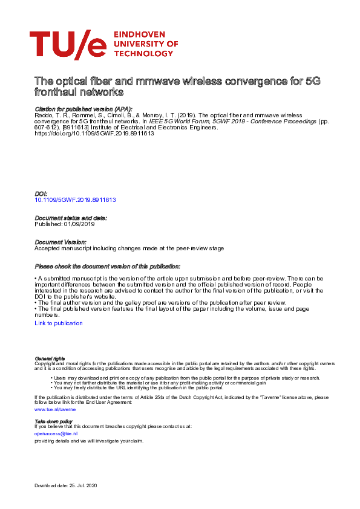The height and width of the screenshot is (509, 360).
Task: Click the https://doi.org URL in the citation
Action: (x=94, y=134)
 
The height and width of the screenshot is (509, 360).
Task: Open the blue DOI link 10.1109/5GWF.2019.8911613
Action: (x=75, y=199)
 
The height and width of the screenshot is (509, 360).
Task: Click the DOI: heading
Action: (x=41, y=193)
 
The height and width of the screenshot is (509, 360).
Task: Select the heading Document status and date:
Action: (x=71, y=218)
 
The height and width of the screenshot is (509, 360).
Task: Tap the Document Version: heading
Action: (x=61, y=242)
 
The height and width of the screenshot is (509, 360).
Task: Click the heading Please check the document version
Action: (x=107, y=267)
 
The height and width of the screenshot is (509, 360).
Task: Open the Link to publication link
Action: (x=59, y=323)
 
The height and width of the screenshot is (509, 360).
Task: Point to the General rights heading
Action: (x=50, y=359)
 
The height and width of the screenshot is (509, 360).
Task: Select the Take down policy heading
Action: (x=53, y=421)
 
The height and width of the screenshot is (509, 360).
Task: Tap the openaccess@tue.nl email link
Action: (x=56, y=433)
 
